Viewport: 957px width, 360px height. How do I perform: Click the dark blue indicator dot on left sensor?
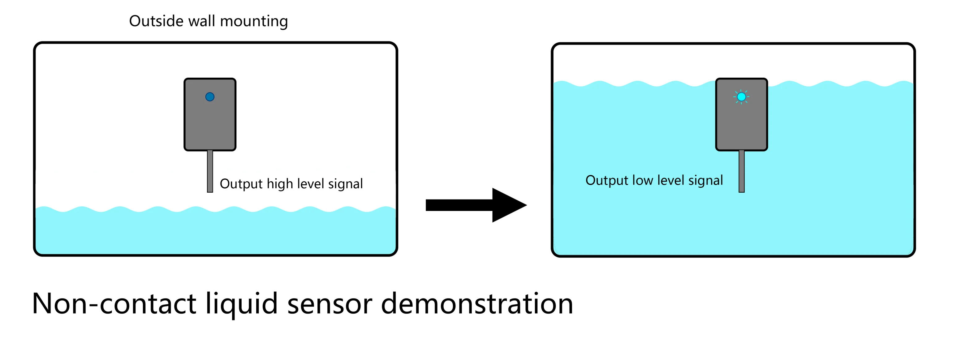pyautogui.click(x=210, y=97)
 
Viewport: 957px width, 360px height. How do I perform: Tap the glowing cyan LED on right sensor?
pyautogui.click(x=741, y=97)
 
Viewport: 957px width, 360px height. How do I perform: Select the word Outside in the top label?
pyautogui.click(x=156, y=21)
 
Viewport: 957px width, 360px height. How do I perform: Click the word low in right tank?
pyautogui.click(x=643, y=181)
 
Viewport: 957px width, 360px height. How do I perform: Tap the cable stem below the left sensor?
pyautogui.click(x=210, y=171)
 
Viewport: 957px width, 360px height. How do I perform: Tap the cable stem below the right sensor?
pyautogui.click(x=742, y=171)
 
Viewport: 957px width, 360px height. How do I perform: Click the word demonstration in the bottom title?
pyautogui.click(x=477, y=304)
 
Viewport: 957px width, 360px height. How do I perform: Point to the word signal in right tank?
pyautogui.click(x=705, y=181)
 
